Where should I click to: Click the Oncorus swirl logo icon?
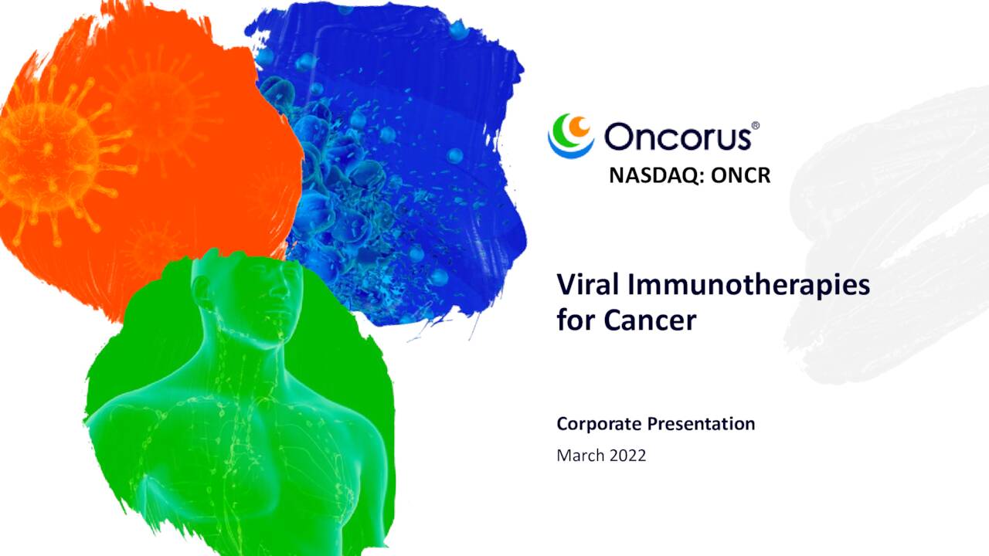pos(570,136)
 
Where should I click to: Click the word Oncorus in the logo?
pos(677,137)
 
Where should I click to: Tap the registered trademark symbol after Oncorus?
pos(755,125)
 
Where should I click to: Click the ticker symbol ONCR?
pos(740,176)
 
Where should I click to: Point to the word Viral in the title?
pos(588,285)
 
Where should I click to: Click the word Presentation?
pos(700,424)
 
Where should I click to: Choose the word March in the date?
pos(580,456)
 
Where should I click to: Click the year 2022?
pos(627,456)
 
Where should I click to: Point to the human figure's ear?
pos(202,291)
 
